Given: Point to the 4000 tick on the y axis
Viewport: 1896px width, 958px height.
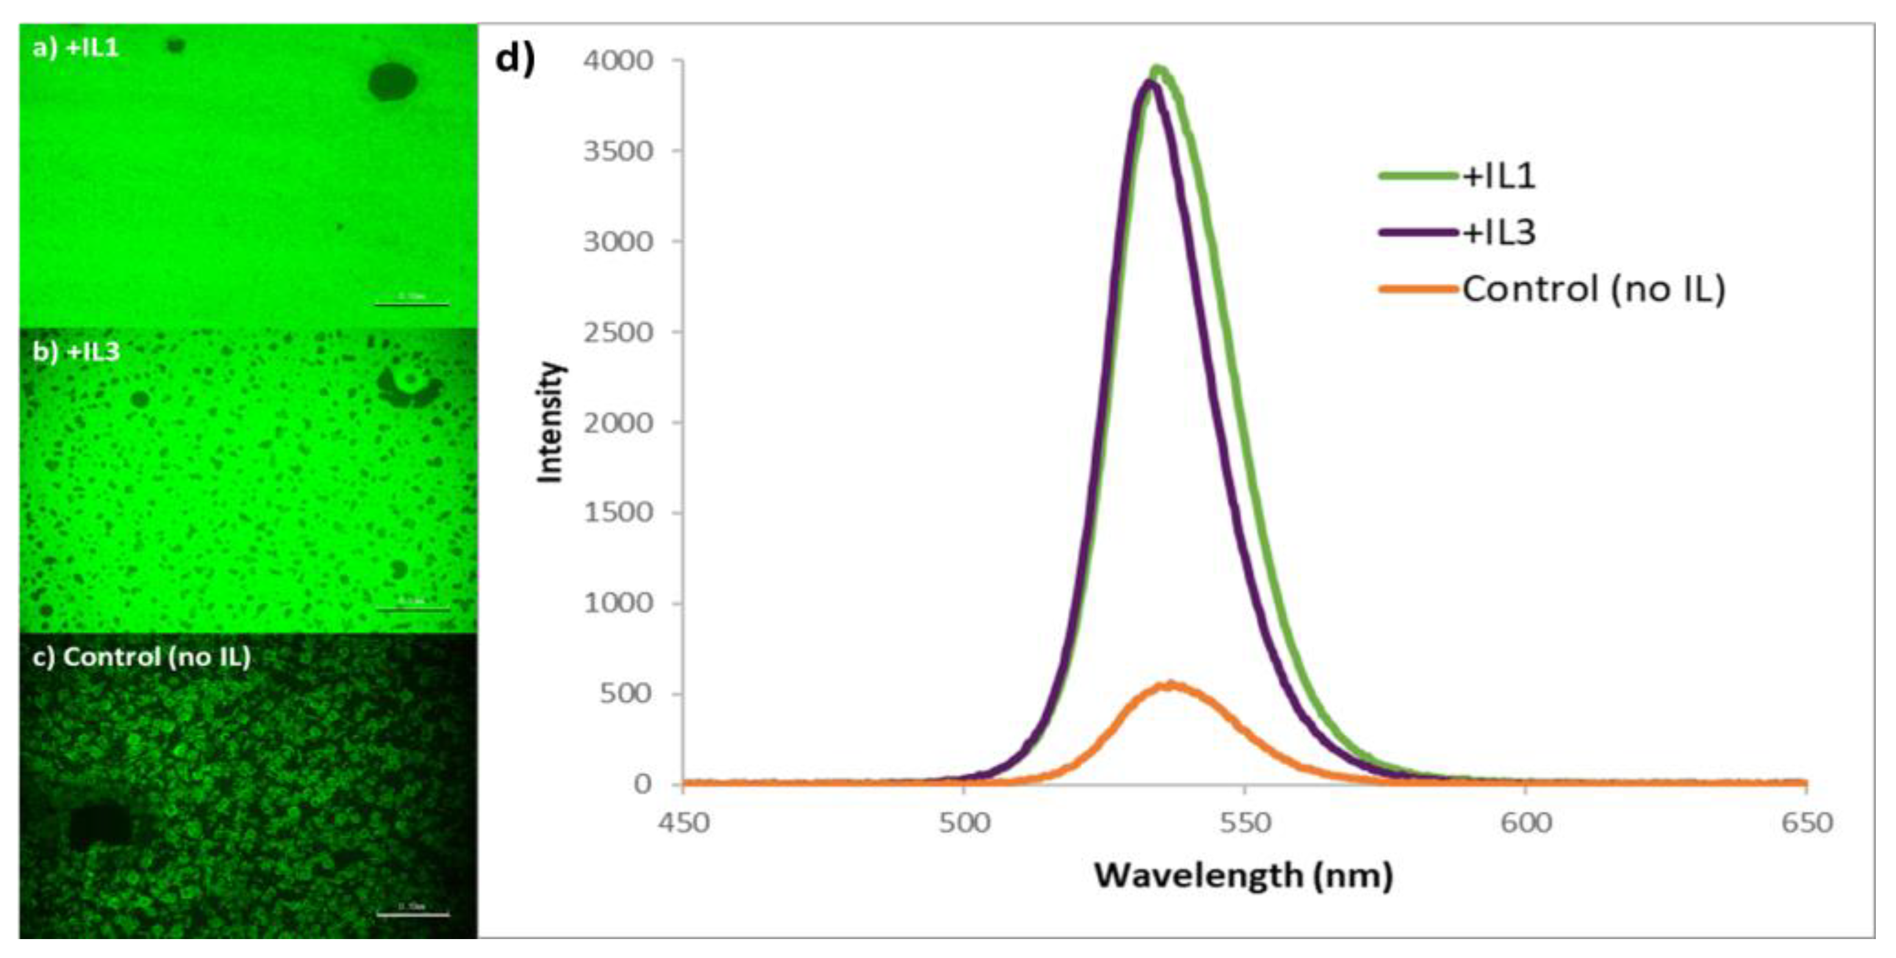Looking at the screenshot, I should pyautogui.click(x=618, y=60).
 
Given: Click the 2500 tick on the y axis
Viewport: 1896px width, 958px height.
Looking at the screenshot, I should pyautogui.click(x=618, y=332).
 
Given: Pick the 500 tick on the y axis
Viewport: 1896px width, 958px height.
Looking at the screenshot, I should pyautogui.click(x=626, y=694).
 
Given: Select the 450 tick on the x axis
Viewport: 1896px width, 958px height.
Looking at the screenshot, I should pyautogui.click(x=684, y=823).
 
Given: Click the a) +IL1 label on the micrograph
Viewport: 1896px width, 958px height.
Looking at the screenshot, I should pyautogui.click(x=76, y=49).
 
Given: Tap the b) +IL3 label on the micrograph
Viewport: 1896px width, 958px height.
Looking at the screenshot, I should pyautogui.click(x=76, y=352).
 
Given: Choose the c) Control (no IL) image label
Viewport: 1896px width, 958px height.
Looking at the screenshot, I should pyautogui.click(x=142, y=656).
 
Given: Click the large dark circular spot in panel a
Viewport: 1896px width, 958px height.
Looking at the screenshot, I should pyautogui.click(x=392, y=81).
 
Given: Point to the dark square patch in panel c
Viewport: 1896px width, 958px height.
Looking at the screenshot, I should pyautogui.click(x=100, y=822).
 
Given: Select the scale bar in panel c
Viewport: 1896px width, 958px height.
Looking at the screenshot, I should pyautogui.click(x=412, y=915).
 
